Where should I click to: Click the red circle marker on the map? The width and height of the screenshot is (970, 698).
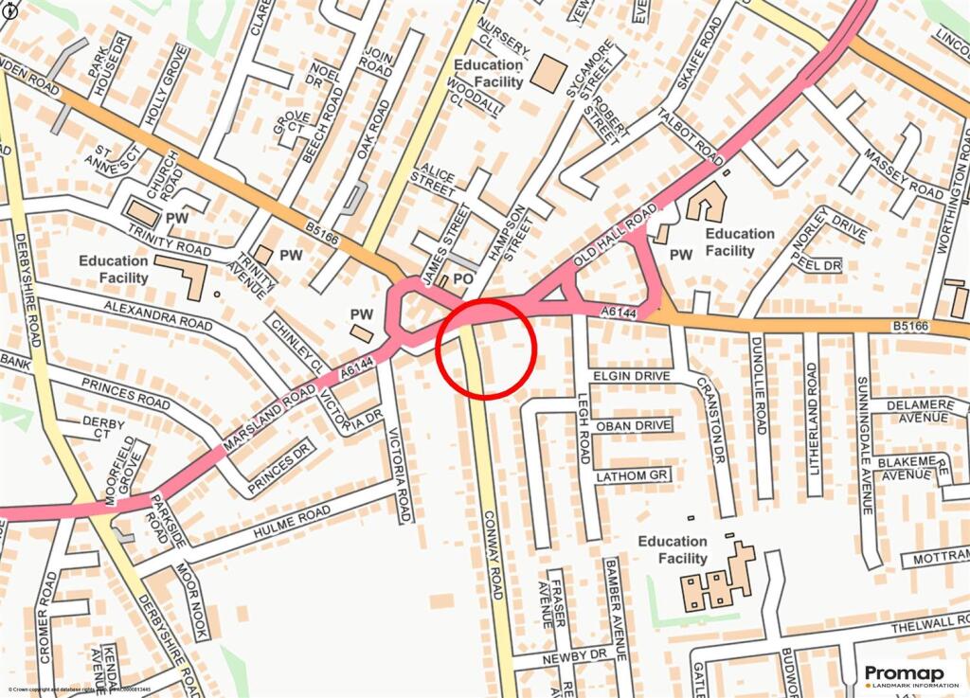(487, 348)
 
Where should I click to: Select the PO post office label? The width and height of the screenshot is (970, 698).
(463, 280)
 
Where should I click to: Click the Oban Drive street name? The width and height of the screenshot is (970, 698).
(633, 425)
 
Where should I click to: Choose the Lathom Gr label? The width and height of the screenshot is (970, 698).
(633, 475)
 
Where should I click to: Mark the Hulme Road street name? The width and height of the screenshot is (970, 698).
(292, 523)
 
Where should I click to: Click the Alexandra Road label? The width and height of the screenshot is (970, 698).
(158, 315)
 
